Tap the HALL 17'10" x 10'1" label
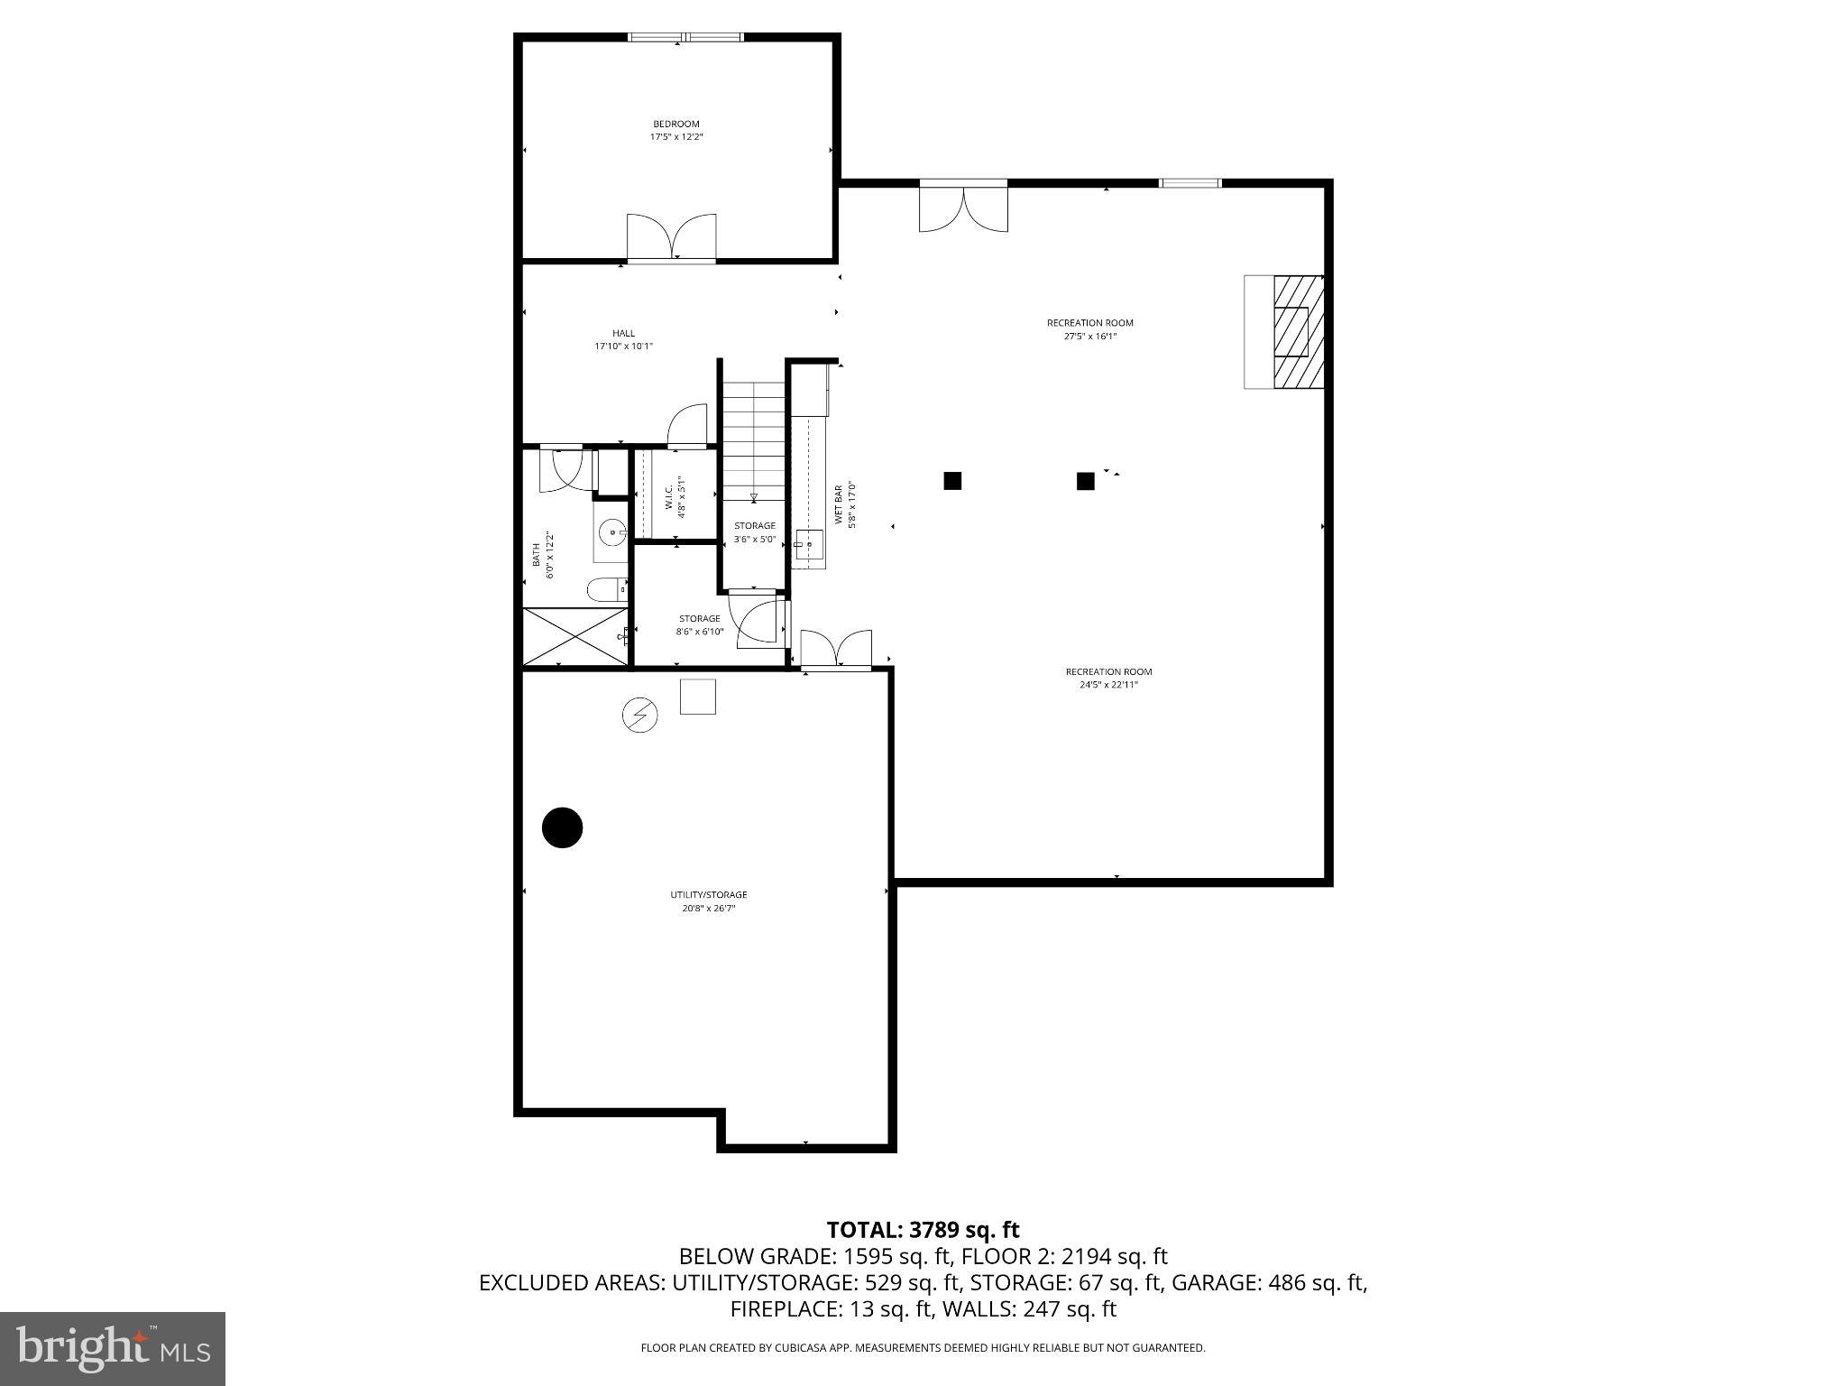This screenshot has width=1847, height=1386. tap(623, 339)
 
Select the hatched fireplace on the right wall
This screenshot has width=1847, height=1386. tap(1298, 332)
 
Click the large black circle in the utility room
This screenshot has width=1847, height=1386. tap(562, 827)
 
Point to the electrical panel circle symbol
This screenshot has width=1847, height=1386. tap(639, 716)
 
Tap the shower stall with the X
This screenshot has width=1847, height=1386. tap(576, 637)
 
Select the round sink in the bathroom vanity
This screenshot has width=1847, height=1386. tap(613, 533)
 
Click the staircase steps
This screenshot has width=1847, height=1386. tap(753, 438)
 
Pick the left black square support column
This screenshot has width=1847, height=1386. tap(952, 481)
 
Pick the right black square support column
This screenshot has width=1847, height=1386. tap(1086, 481)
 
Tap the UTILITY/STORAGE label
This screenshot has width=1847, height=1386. tap(708, 901)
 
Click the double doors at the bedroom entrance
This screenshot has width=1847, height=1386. tap(672, 238)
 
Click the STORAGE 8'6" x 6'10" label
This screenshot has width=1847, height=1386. tap(700, 624)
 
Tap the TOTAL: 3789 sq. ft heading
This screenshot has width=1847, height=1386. tap(923, 1230)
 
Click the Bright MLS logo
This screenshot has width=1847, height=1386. tap(113, 1348)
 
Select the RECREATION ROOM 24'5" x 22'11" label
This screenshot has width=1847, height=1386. tap(1108, 678)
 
